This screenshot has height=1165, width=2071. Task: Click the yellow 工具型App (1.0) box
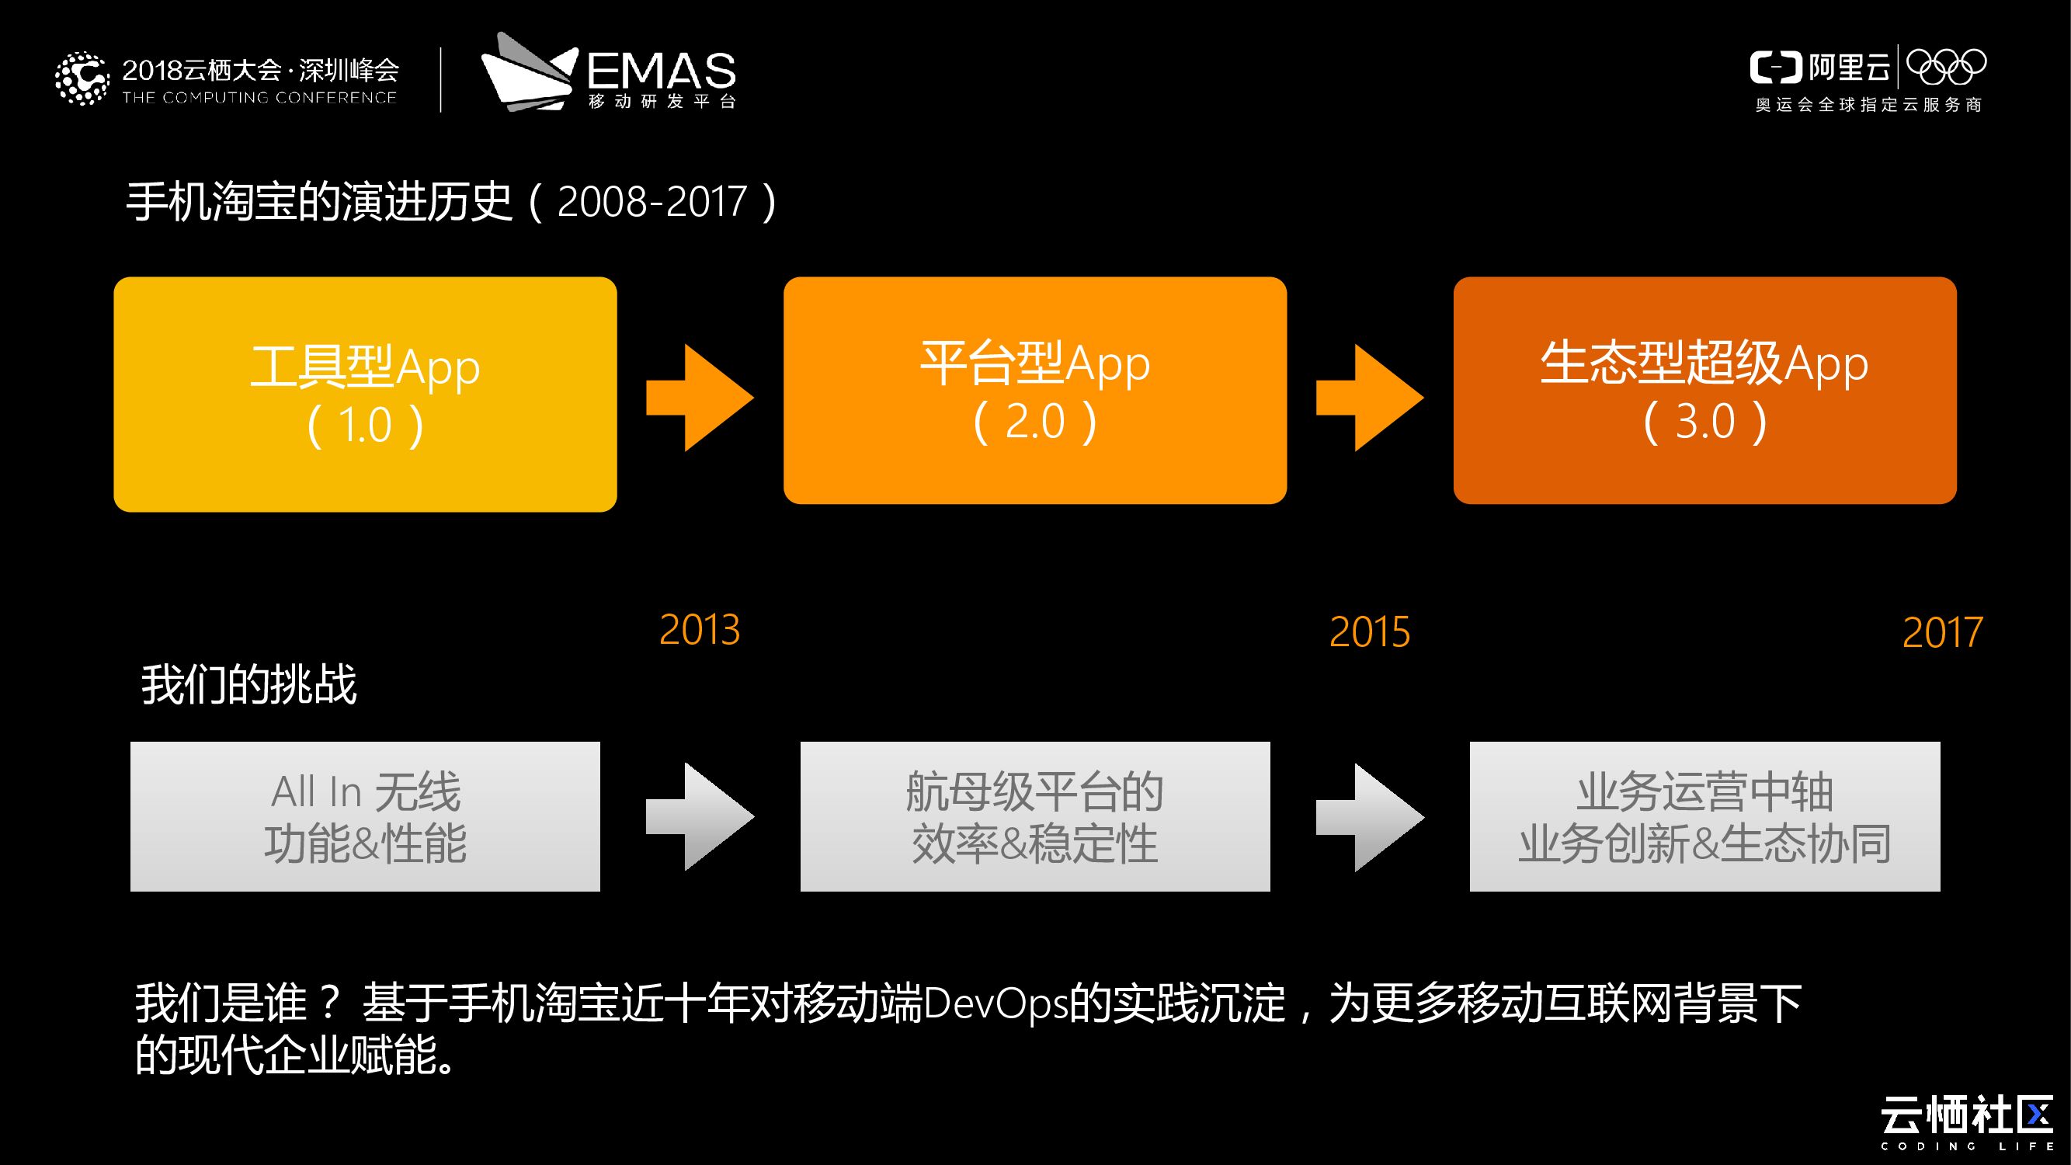365,394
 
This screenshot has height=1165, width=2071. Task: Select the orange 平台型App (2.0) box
1034,391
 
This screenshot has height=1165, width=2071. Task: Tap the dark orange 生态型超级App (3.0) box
1704,391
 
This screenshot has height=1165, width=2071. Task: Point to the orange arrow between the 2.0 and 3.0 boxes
1369,398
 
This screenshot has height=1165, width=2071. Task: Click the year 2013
700,630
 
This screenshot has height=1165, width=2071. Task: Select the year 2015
1369,632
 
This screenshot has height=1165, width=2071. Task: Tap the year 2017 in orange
1942,633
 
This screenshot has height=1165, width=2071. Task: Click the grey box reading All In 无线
365,816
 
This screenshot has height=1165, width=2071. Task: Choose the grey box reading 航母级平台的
1034,816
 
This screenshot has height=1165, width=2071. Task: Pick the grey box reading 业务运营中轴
1704,816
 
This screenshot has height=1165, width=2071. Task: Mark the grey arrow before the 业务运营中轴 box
1369,817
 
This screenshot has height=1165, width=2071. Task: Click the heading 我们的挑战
249,685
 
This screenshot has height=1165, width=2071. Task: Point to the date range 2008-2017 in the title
652,202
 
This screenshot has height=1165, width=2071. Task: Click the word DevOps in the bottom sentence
996,1003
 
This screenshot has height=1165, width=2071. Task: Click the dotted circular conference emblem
82,78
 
